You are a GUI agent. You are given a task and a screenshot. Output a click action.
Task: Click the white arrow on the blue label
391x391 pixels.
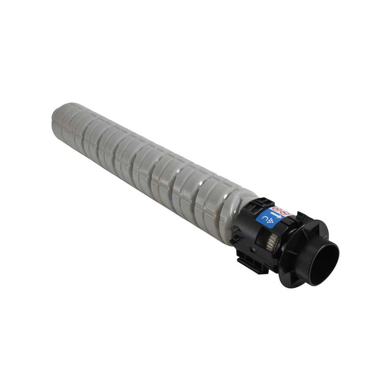[276, 215]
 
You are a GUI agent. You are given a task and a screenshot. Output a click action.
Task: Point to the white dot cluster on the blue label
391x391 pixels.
[270, 221]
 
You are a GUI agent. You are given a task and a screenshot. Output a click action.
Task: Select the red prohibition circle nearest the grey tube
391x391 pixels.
[277, 209]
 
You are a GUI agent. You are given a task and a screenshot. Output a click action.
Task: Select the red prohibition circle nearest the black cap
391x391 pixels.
[284, 213]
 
